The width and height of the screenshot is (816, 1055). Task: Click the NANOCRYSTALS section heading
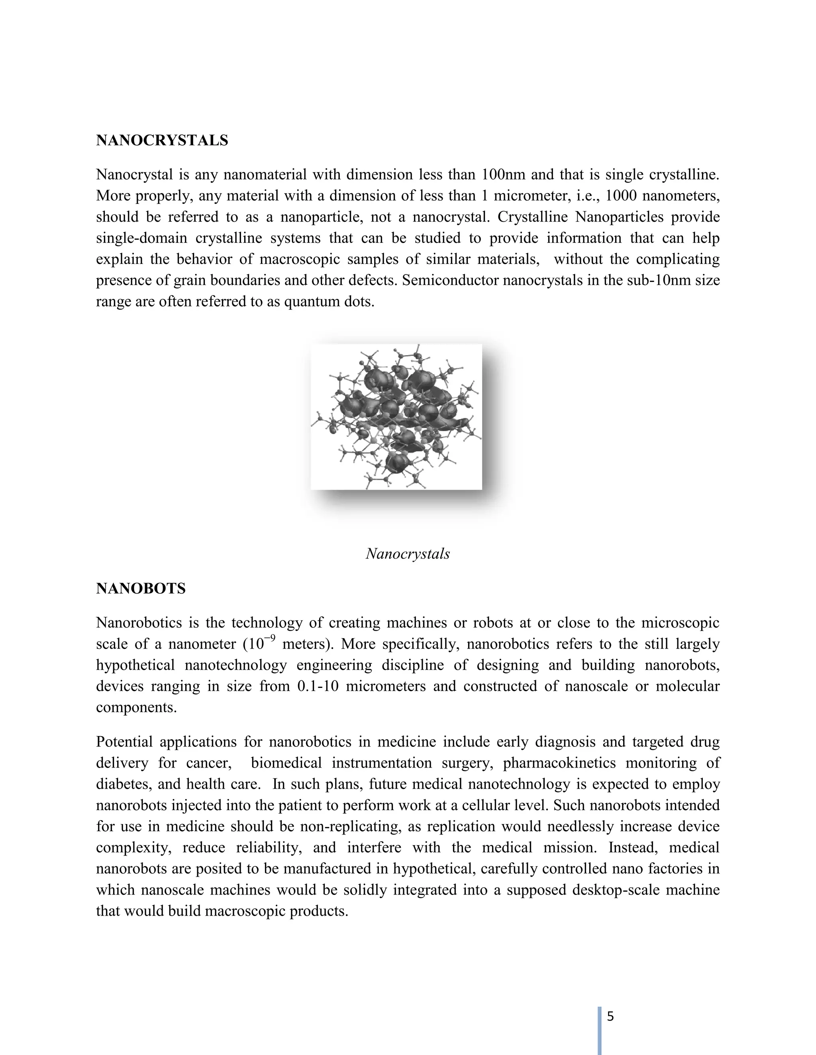tap(162, 141)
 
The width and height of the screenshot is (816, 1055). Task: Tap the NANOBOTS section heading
tap(141, 589)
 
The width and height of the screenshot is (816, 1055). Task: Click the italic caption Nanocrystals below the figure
tap(408, 554)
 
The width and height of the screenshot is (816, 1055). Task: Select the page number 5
tap(610, 1016)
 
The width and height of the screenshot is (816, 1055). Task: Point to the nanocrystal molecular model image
tap(396, 417)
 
